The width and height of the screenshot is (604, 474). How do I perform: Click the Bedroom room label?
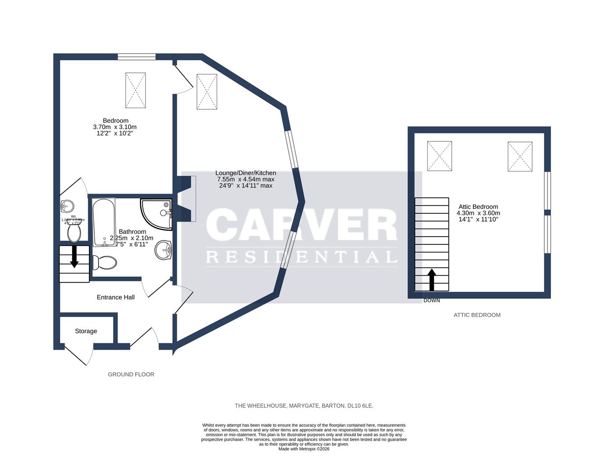(x=115, y=121)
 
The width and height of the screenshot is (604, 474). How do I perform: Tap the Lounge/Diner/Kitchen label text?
(x=245, y=173)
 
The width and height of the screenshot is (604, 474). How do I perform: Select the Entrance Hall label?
(x=115, y=297)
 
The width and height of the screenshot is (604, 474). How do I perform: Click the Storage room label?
(x=86, y=331)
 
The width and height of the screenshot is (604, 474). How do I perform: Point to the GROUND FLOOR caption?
(x=131, y=374)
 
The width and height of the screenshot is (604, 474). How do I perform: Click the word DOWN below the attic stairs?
(x=432, y=301)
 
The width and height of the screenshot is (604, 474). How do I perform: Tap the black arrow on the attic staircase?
(x=432, y=280)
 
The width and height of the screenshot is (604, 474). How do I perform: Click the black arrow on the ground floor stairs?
(x=74, y=256)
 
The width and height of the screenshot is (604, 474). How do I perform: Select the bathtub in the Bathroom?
(x=104, y=222)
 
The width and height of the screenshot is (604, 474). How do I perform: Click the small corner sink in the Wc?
(x=67, y=205)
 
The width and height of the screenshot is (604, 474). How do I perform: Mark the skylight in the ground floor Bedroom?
(x=136, y=90)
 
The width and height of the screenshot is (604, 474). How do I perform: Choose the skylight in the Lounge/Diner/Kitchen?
(x=207, y=91)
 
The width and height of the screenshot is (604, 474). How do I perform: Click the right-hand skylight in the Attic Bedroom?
(x=520, y=157)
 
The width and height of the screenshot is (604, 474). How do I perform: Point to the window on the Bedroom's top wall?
(x=136, y=57)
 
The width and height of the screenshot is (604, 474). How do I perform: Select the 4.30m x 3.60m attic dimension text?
(x=478, y=213)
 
